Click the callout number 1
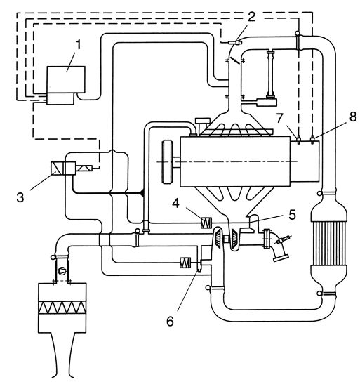click(78, 46)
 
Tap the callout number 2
click(251, 17)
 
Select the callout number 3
click(20, 198)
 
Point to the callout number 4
click(175, 203)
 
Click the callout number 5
click(293, 215)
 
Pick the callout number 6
click(170, 321)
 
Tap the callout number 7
click(280, 119)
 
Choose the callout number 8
click(353, 117)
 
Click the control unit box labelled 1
click(66, 80)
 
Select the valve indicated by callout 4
click(206, 223)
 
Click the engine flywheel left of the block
click(167, 162)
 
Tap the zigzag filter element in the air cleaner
click(62, 308)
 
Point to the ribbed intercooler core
click(328, 242)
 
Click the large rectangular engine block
click(235, 161)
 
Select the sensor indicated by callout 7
click(298, 140)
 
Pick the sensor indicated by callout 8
click(312, 140)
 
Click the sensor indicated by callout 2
click(234, 43)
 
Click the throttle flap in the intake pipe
click(235, 60)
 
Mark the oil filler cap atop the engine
click(203, 121)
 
